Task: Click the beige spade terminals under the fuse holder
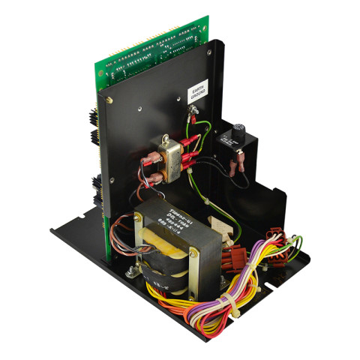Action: pyautogui.click(x=241, y=160)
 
